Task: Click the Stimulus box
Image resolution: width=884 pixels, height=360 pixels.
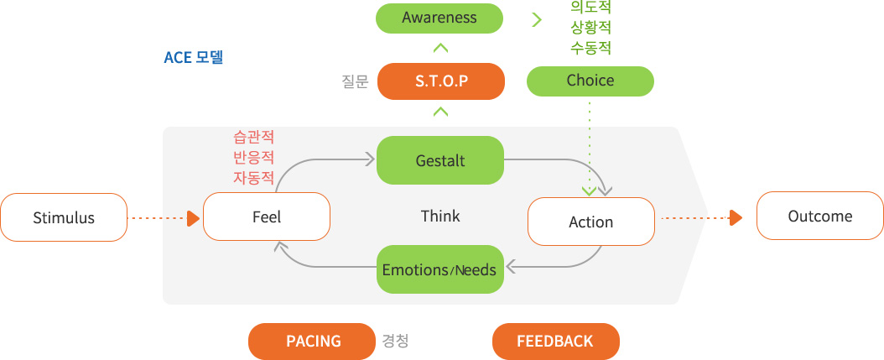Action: click(x=64, y=217)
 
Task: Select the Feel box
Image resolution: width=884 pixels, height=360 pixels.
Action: click(x=266, y=217)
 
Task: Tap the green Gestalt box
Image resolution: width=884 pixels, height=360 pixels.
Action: click(x=439, y=160)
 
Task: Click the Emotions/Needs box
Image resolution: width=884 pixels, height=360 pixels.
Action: click(x=439, y=269)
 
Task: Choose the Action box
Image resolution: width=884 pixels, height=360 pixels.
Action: click(x=590, y=222)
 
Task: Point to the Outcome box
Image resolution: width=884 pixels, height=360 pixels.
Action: click(x=819, y=216)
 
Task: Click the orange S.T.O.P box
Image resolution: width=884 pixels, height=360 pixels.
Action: click(x=441, y=81)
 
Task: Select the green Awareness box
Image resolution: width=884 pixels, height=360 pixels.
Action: click(x=439, y=18)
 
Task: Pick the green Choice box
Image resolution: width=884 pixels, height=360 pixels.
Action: click(x=590, y=81)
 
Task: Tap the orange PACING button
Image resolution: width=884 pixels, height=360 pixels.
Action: click(x=312, y=342)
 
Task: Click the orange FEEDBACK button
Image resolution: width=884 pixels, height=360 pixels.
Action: click(x=556, y=342)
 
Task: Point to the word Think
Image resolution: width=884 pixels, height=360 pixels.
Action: click(x=440, y=217)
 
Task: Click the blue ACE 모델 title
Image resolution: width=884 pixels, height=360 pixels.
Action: click(x=194, y=58)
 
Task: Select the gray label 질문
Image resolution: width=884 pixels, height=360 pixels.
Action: click(x=355, y=81)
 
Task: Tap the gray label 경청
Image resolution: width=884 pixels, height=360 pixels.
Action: click(x=396, y=342)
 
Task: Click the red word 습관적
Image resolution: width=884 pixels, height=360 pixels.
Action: click(x=253, y=137)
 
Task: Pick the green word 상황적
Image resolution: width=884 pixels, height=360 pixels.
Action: click(x=590, y=27)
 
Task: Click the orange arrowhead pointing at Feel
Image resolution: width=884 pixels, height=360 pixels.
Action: click(x=194, y=218)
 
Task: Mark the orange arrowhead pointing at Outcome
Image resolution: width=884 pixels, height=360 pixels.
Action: click(x=736, y=218)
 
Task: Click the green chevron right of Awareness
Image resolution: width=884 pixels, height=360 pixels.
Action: click(x=537, y=20)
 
